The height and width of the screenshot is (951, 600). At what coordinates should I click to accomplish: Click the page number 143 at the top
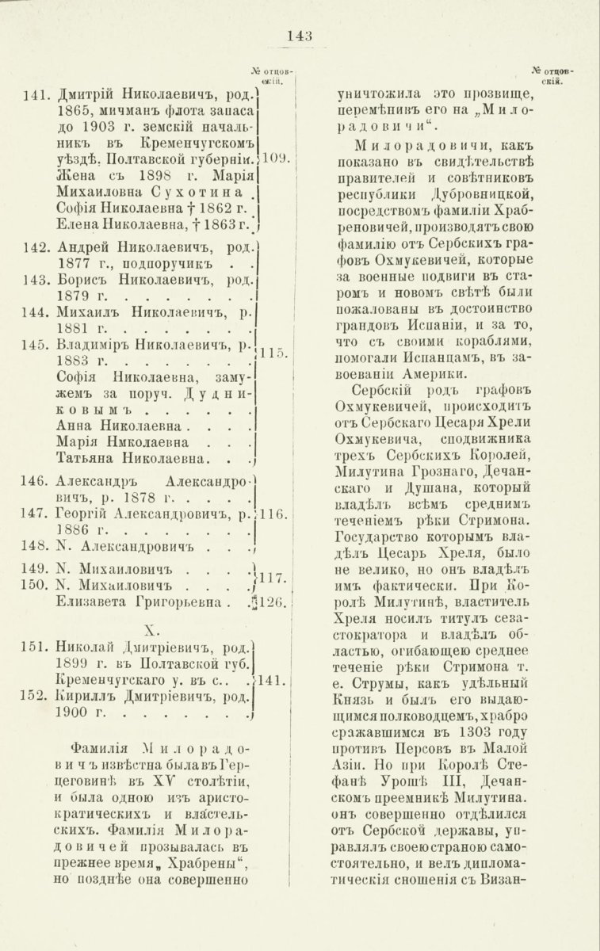click(300, 35)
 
